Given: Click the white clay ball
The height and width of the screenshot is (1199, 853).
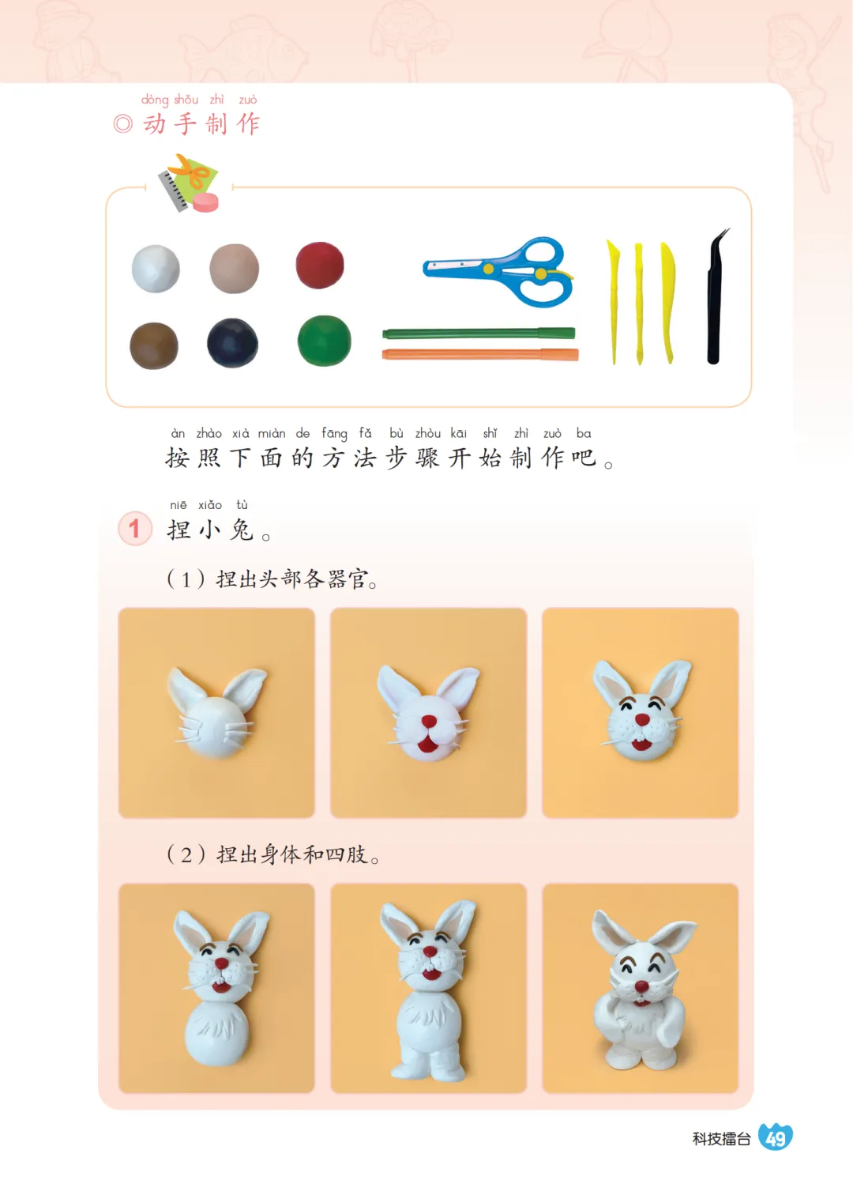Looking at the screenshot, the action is [x=156, y=269].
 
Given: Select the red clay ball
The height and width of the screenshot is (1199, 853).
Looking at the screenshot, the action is [x=320, y=266].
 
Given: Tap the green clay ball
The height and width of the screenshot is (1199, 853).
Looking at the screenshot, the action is [x=324, y=341].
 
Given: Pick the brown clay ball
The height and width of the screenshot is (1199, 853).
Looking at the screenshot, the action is [x=154, y=345].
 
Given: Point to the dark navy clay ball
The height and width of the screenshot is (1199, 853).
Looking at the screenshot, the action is [x=233, y=343].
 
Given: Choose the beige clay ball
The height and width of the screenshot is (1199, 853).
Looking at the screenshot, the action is [x=235, y=269].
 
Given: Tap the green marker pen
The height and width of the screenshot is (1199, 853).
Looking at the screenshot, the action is [x=479, y=334].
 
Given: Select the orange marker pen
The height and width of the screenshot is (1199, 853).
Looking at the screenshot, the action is [x=480, y=354].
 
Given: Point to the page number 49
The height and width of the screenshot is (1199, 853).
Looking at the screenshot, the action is [x=776, y=1138].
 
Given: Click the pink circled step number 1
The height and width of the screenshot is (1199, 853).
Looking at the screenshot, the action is [x=135, y=528].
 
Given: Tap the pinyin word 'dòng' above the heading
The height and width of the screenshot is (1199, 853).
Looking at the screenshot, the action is [x=155, y=100].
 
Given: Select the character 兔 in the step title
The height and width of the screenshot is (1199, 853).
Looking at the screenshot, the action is [x=242, y=530].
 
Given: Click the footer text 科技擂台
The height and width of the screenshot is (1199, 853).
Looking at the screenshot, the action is [x=721, y=1139].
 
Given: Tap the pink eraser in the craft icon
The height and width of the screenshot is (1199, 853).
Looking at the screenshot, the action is [x=206, y=203].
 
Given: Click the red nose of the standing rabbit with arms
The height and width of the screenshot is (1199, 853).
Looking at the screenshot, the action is [x=641, y=986].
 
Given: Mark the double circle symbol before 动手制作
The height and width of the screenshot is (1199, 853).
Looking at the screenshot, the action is [x=123, y=124].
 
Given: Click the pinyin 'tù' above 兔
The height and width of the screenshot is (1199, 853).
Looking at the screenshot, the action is [x=242, y=505].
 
